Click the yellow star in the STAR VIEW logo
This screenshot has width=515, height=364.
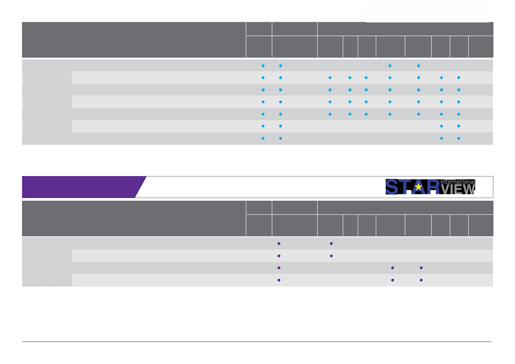tap(418, 187)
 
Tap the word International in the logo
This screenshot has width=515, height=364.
tap(458, 181)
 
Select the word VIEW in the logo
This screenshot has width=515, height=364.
tap(458, 189)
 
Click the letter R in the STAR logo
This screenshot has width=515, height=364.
tap(433, 187)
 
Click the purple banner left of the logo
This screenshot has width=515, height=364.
tap(79, 187)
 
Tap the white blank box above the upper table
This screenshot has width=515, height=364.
tap(427, 14)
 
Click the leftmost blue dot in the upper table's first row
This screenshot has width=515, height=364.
tap(263, 66)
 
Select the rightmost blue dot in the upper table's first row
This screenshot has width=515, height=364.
tap(419, 66)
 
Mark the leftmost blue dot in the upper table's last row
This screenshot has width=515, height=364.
tap(263, 138)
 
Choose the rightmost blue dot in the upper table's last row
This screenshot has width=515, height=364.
tap(459, 138)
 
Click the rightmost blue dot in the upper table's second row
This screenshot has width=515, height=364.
tap(459, 77)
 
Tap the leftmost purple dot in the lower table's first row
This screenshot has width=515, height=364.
tap(279, 243)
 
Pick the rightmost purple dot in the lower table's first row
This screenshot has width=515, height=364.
tap(331, 243)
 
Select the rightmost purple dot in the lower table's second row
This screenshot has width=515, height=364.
tap(331, 256)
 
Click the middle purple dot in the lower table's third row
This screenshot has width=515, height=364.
tap(392, 268)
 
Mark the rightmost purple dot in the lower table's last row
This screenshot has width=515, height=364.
tap(421, 280)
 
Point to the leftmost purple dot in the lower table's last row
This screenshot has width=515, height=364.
tap(279, 280)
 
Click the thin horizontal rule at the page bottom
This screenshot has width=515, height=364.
tap(257, 342)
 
